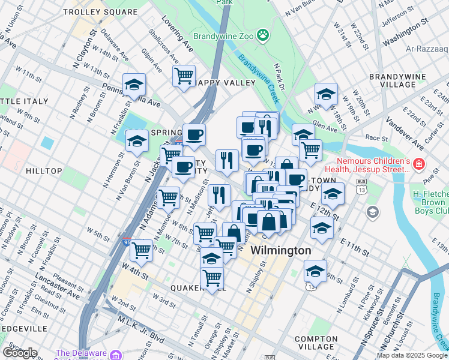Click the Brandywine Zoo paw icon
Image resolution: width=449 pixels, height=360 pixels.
click(263, 36)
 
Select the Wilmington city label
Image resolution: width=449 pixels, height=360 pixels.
click(281, 250)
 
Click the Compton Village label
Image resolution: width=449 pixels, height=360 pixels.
click(316, 343)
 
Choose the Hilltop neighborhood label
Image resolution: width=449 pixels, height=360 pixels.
click(44, 171)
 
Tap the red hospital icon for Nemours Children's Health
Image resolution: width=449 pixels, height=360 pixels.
click(418, 163)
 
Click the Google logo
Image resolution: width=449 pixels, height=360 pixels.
click(20, 353)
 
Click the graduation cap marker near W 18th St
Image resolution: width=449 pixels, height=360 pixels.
click(326, 94)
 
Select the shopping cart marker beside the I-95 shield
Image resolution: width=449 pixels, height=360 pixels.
click(141, 250)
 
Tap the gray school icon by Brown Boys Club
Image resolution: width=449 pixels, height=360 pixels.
click(373, 211)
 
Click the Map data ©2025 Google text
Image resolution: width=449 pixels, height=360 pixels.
click(412, 355)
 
